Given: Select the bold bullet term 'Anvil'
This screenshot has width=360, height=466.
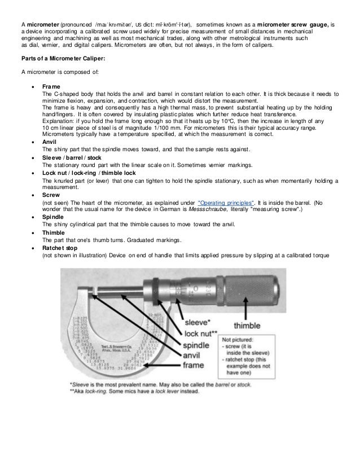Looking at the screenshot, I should point(51,142).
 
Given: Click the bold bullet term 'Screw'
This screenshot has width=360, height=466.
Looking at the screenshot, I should point(52,195).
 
